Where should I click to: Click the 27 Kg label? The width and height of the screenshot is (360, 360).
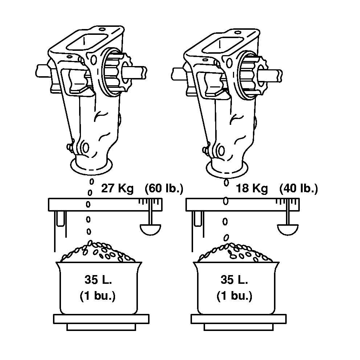tap(117, 188)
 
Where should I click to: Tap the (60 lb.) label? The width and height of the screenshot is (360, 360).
tap(164, 188)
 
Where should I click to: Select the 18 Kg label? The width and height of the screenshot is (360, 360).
tap(252, 188)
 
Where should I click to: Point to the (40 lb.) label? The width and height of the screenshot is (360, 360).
tap(298, 188)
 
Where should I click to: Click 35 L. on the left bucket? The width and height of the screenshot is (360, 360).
tap(98, 279)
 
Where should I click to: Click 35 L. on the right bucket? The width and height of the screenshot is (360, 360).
tap(234, 279)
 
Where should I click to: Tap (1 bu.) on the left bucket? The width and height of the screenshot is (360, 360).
tap(98, 296)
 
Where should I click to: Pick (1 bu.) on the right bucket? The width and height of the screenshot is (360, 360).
tap(234, 296)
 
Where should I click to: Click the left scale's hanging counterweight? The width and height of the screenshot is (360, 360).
tap(150, 230)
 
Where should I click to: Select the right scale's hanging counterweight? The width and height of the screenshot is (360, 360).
tap(288, 230)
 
